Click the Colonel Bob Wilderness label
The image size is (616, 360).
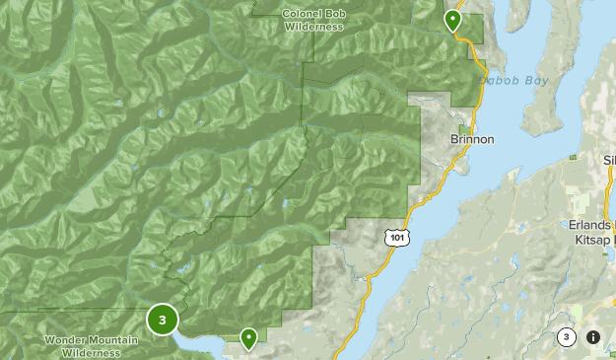[313, 20]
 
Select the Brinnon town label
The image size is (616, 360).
[471, 139]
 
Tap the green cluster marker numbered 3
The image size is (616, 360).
[163, 319]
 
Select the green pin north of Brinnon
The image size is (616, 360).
[452, 20]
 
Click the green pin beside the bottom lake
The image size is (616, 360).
[249, 338]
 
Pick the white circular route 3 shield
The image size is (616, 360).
[566, 337]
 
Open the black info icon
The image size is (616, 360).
[593, 337]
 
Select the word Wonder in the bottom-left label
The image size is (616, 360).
[66, 340]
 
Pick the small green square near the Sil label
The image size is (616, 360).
[574, 157]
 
